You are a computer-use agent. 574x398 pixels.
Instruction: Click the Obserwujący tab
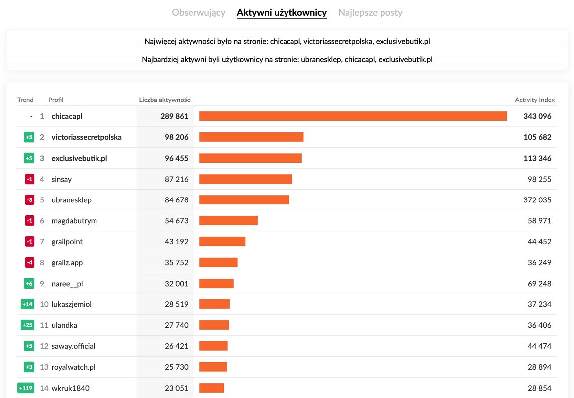pos(198,13)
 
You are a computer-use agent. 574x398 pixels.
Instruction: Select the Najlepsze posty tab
pos(370,13)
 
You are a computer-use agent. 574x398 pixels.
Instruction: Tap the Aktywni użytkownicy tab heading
pos(282,13)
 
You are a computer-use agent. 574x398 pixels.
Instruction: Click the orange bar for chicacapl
pos(353,116)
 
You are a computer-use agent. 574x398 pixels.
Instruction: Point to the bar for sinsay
pos(246,179)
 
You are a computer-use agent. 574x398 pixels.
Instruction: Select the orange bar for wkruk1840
pos(212,388)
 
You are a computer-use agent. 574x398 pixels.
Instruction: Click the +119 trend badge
pos(26,388)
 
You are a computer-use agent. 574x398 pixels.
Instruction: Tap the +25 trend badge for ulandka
pos(27,325)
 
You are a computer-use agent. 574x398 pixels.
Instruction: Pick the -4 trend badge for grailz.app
pos(29,263)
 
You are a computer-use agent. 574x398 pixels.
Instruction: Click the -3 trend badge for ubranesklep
pos(29,200)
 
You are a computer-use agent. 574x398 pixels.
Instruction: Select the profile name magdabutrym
pos(74,221)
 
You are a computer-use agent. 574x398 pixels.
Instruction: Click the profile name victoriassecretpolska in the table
pos(87,137)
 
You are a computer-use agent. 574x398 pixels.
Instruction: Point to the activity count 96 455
pos(177,158)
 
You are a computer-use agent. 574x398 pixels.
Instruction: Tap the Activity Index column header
pos(535,100)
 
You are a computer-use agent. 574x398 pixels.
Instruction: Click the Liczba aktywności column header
pos(165,100)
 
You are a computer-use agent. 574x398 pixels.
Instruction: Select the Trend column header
pos(25,100)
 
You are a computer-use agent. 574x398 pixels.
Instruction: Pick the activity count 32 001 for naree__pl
pos(177,284)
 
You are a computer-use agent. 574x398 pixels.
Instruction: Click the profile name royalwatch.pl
pos(73,367)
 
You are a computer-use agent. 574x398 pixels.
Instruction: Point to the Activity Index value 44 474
pos(539,346)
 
